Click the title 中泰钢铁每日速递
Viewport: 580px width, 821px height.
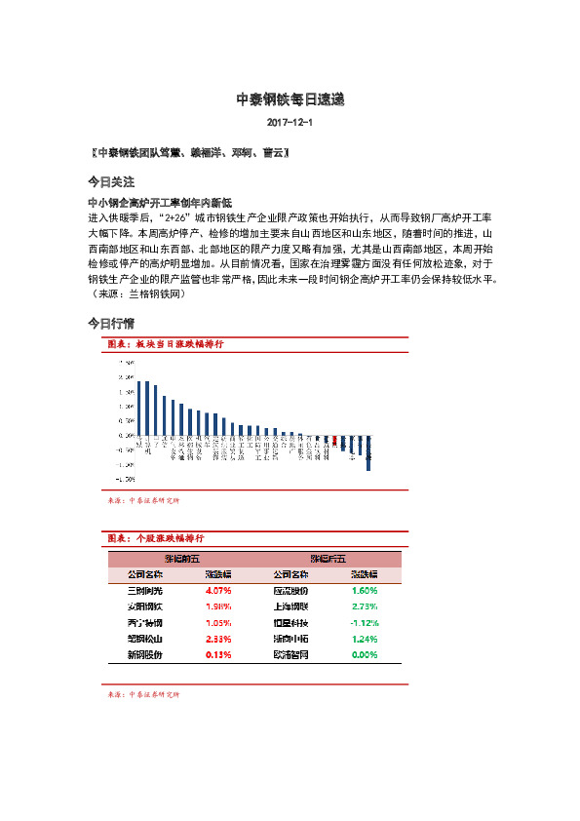290,99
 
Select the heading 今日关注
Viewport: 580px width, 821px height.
111,182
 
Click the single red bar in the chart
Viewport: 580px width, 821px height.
334,441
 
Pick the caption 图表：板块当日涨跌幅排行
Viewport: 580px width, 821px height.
167,345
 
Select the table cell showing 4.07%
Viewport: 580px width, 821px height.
218,591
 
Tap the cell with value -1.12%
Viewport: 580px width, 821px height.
364,622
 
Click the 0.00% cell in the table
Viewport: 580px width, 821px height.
364,654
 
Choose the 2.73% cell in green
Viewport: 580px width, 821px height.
364,606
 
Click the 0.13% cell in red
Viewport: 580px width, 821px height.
218,654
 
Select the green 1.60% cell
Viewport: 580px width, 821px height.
364,591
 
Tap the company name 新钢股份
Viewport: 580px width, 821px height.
145,654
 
